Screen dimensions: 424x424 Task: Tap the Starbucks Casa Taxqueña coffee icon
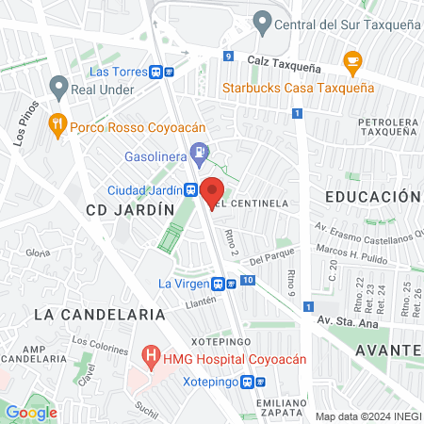pyautogui.click(x=353, y=63)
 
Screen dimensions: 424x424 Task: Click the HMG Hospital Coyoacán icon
pyautogui.click(x=149, y=358)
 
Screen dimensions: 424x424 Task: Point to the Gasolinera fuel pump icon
pyautogui.click(x=199, y=151)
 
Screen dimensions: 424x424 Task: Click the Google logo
pyautogui.click(x=31, y=412)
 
